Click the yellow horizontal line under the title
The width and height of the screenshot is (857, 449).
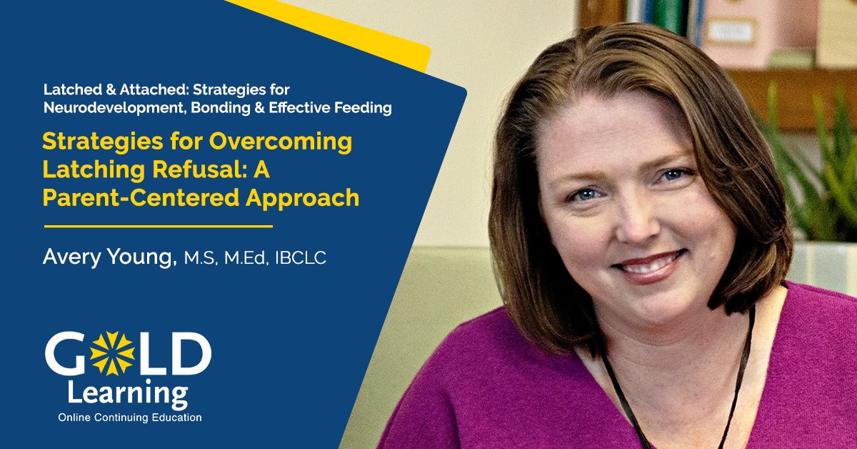pos(159,226)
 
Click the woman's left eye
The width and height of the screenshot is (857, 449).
pos(670,174)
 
